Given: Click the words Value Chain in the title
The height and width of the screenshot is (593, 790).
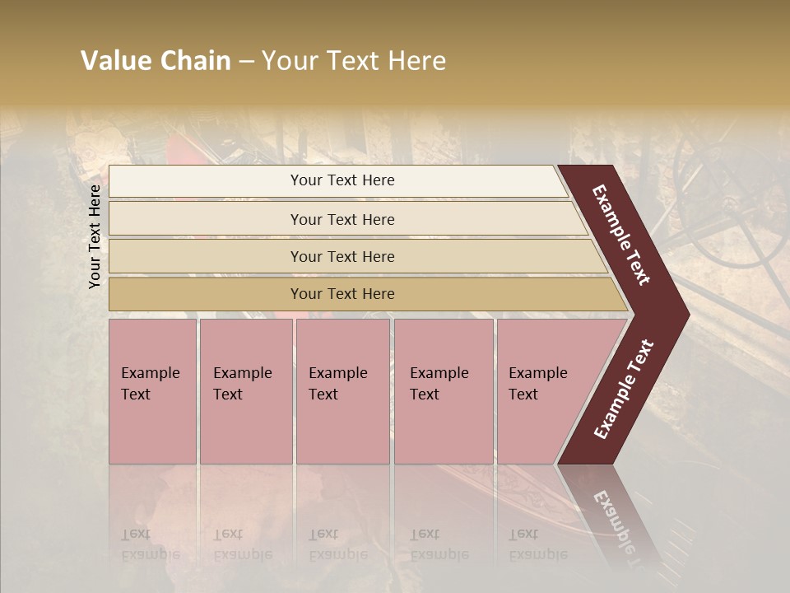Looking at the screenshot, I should point(156,61).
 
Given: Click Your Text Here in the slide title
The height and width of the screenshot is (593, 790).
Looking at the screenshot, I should point(355,61).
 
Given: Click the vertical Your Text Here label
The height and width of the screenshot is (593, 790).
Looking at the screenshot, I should point(95,236).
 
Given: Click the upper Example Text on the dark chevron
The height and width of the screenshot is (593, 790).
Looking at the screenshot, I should point(621,235).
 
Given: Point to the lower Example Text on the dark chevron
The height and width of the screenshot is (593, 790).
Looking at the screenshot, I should point(624,389).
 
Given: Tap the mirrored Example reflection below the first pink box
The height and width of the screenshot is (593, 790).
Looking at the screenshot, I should point(150,553).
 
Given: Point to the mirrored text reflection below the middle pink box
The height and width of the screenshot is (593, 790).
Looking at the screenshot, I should point(337,553).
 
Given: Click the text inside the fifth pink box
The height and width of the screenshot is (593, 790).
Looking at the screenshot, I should point(537,383).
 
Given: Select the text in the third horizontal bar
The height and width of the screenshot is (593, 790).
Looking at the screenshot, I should point(342,257).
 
